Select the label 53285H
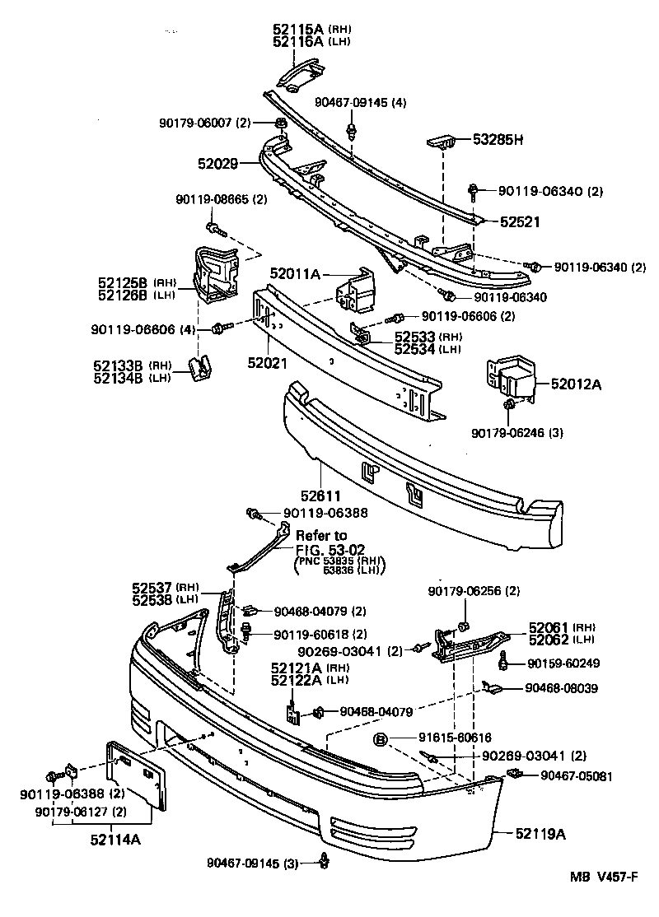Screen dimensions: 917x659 coord(497,140)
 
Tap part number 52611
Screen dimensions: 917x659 coord(317,496)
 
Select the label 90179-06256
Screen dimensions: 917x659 coord(474,591)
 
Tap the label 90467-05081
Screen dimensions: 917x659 coord(577,775)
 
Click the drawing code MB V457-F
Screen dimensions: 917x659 coord(603,900)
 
